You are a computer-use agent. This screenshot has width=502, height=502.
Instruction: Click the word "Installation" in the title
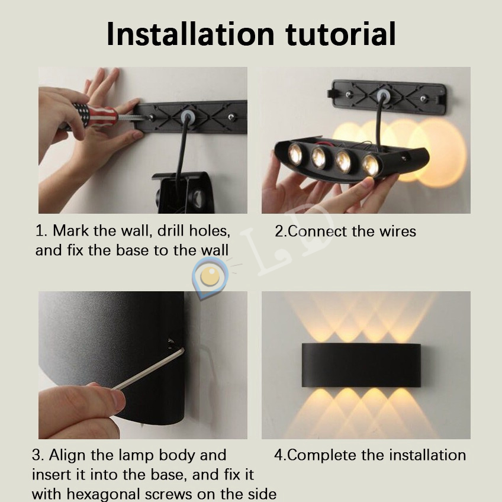[190, 34]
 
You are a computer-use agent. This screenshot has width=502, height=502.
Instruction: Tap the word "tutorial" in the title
[340, 34]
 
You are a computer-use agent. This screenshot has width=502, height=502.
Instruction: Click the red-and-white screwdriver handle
[95, 115]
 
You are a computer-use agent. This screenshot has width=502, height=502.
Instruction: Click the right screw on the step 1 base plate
[231, 117]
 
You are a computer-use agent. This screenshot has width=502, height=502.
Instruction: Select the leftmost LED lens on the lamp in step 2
[295, 154]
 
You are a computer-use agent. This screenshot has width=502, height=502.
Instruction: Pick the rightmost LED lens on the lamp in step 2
[371, 166]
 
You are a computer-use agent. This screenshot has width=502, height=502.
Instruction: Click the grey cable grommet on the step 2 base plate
[383, 95]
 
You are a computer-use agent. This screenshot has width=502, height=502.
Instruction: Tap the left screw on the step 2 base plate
[349, 95]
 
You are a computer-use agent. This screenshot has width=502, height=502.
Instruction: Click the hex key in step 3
[148, 369]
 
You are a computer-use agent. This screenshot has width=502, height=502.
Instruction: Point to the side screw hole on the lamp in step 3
[171, 343]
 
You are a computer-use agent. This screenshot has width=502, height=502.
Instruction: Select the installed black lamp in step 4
[361, 365]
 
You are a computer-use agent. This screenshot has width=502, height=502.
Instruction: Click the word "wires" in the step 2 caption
[398, 231]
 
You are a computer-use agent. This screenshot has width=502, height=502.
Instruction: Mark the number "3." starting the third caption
[38, 455]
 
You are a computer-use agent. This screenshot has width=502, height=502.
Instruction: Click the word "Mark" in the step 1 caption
[71, 230]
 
